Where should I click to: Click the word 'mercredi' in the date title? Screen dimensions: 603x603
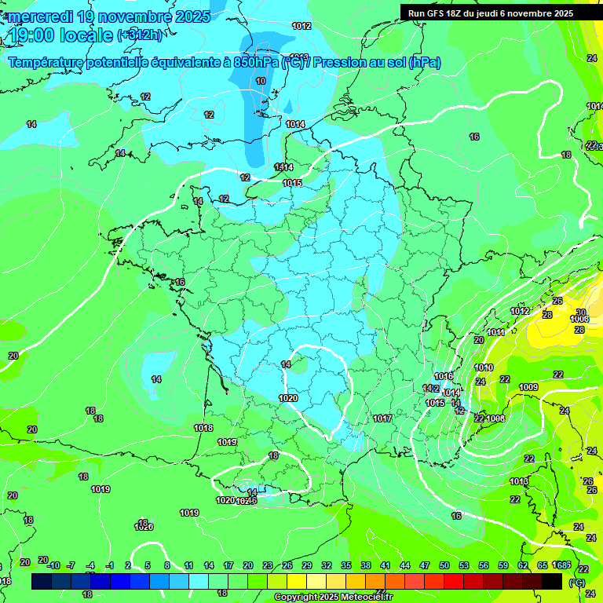(37, 16)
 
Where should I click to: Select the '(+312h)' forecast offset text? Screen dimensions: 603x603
(141, 35)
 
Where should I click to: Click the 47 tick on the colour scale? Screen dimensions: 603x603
(425, 566)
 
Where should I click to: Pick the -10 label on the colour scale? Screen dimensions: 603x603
(53, 566)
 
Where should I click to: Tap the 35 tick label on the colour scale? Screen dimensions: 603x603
(345, 566)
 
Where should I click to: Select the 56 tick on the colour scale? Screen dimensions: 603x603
(484, 566)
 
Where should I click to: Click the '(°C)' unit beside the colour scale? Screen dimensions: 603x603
(576, 583)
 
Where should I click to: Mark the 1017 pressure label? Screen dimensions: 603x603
(382, 418)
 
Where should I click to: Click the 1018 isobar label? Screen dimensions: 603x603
(203, 428)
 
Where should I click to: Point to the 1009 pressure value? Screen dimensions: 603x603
(528, 387)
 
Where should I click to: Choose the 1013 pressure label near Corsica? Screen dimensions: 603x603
(519, 481)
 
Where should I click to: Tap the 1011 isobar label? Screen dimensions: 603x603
(496, 332)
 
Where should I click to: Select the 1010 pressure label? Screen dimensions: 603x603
(484, 367)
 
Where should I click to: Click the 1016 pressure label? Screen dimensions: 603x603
(444, 376)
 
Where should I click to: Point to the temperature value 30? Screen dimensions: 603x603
(580, 312)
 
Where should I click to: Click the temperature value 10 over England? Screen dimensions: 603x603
(261, 81)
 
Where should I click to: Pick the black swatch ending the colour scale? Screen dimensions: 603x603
(552, 581)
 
